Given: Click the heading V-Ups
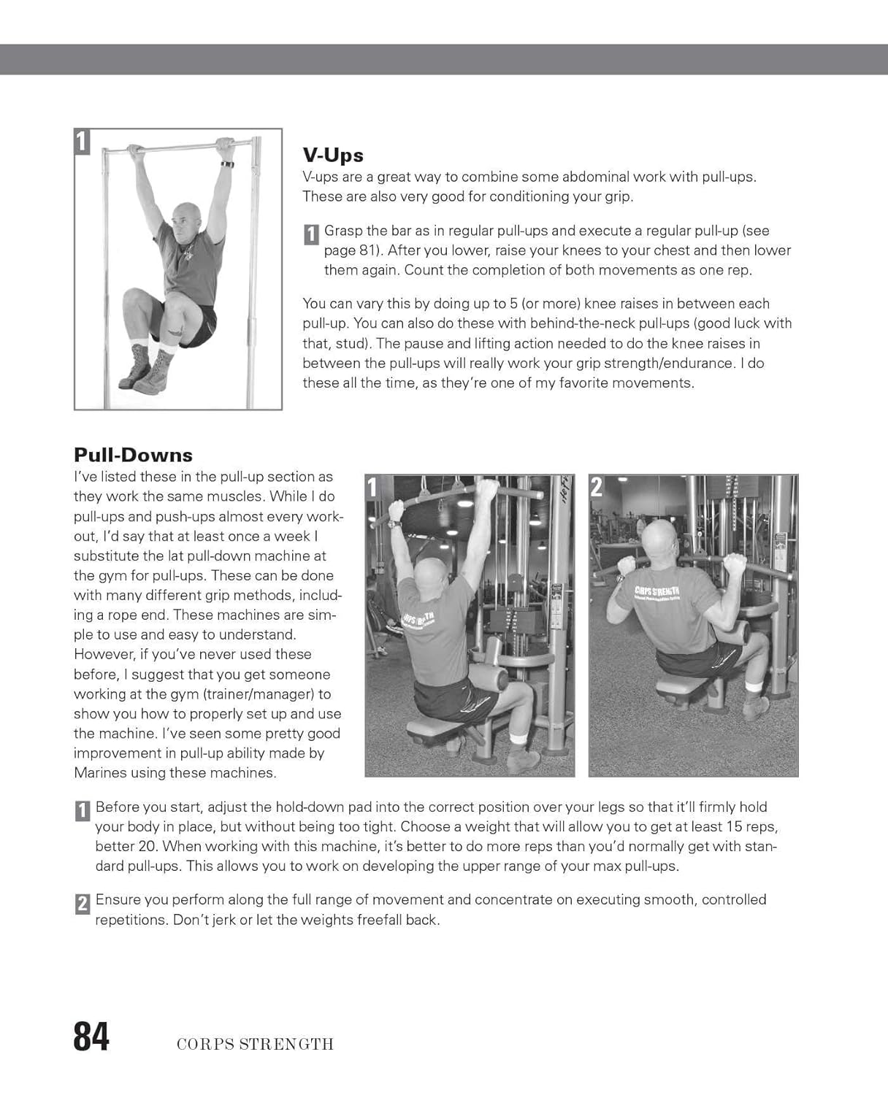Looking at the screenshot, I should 333,155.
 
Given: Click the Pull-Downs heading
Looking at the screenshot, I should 133,455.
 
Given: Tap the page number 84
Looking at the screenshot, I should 91,1037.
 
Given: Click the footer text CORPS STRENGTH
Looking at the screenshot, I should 255,1044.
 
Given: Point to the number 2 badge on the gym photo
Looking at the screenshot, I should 597,487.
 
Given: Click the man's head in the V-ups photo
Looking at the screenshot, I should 187,219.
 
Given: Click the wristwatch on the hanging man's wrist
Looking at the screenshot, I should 226,164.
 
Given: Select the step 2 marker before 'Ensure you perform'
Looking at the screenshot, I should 83,904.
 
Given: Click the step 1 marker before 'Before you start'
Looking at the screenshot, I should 83,811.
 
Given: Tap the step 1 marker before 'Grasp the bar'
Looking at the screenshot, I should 310,234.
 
